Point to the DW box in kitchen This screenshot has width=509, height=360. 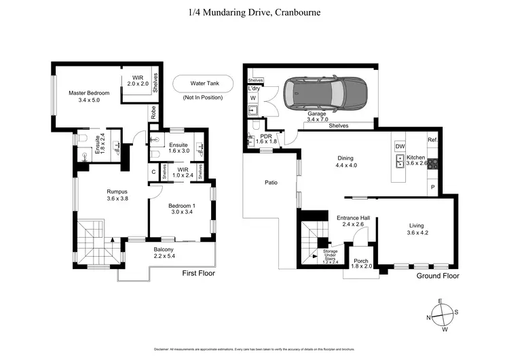400,146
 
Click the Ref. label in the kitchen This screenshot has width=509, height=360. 432,140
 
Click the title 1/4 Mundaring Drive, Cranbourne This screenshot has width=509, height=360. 254,12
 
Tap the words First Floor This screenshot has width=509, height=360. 200,273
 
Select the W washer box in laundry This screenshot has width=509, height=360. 253,98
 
